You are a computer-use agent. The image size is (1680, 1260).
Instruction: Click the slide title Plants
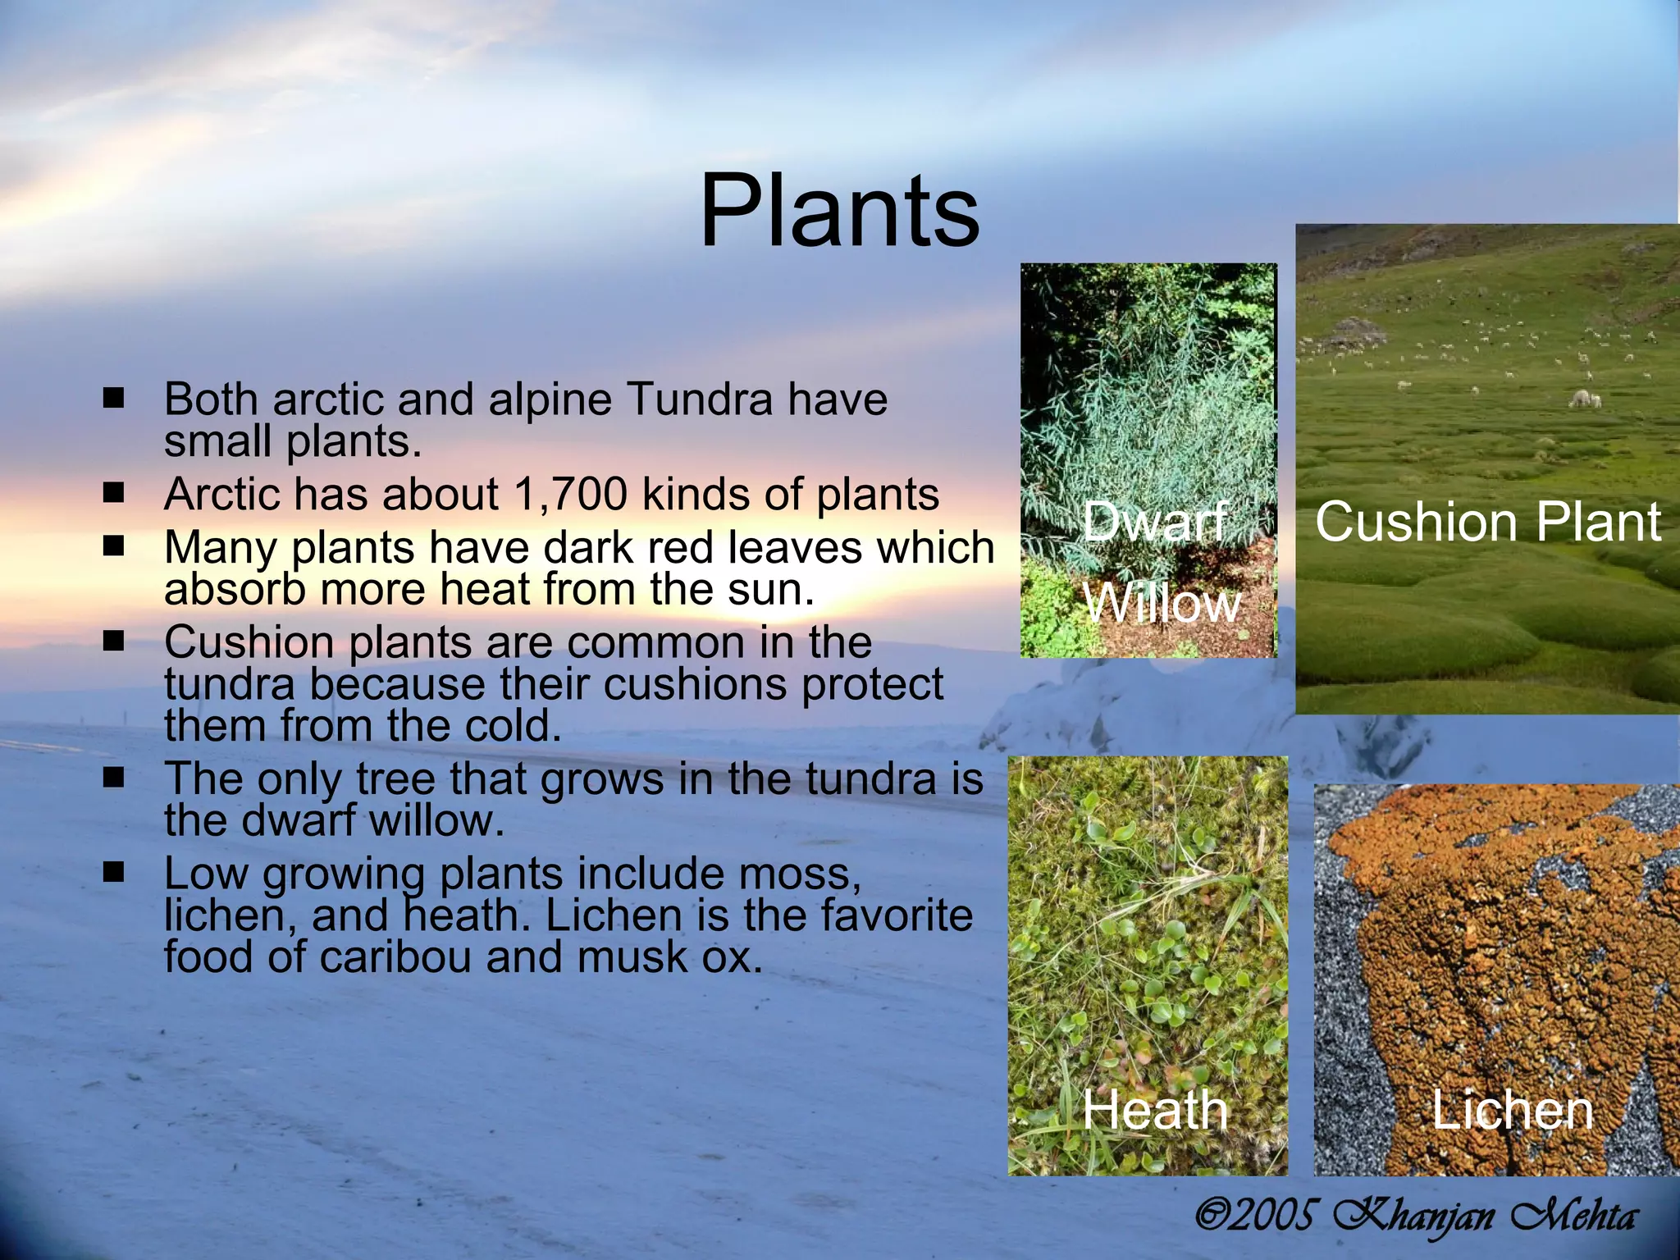(838, 212)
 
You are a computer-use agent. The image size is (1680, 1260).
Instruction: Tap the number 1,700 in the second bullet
(570, 495)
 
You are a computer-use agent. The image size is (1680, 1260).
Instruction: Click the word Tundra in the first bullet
(699, 399)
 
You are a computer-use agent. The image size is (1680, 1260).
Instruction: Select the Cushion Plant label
(1488, 522)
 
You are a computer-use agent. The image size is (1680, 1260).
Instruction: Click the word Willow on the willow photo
(1162, 605)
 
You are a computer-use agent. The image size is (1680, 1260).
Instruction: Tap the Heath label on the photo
(1155, 1110)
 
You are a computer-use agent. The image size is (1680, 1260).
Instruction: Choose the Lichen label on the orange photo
(1512, 1110)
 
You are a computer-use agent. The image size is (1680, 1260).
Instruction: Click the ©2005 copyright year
(1256, 1215)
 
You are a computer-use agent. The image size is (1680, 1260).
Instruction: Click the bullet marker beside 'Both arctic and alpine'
(113, 399)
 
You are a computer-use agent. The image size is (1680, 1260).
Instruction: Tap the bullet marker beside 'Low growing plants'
(113, 872)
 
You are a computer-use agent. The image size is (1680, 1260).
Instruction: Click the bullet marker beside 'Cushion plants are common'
(113, 641)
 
